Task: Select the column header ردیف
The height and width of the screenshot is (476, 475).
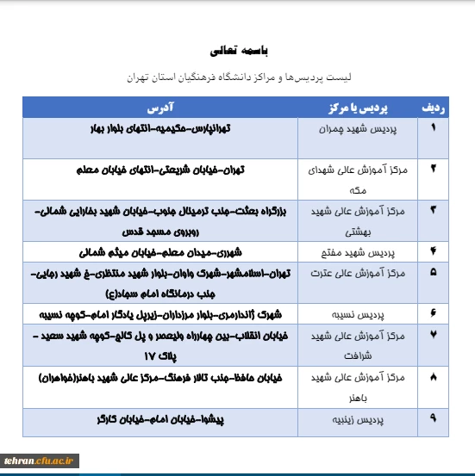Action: (x=433, y=108)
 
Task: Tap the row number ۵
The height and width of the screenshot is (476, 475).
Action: (x=433, y=273)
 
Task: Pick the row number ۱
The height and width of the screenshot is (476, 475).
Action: (x=433, y=127)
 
